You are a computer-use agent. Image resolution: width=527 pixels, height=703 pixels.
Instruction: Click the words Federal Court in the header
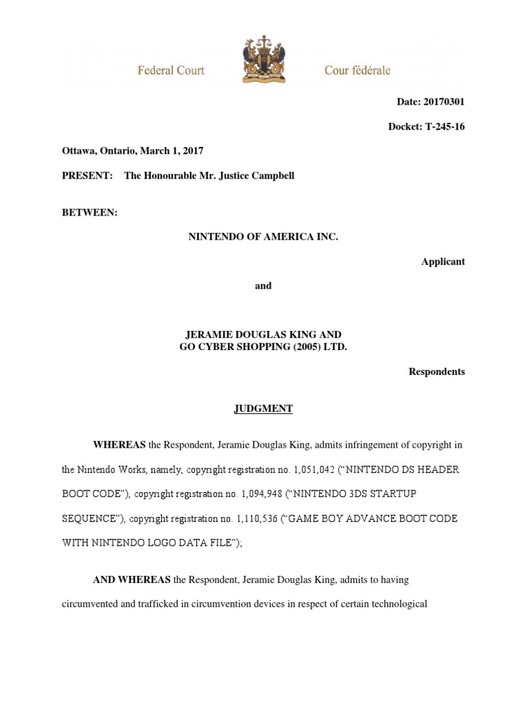(171, 70)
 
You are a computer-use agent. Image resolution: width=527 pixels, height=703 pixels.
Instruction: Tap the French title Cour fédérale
(358, 70)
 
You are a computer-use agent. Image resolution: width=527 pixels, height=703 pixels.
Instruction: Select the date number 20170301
(445, 102)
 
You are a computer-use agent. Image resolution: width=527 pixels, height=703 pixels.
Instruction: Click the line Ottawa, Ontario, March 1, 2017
(132, 150)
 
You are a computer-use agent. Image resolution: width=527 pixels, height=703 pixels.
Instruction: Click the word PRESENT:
(88, 176)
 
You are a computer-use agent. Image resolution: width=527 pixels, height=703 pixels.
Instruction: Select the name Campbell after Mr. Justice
(273, 176)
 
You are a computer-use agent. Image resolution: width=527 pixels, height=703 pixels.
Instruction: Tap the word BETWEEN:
(90, 213)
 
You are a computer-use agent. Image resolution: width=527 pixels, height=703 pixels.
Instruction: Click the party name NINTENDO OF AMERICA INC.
(263, 236)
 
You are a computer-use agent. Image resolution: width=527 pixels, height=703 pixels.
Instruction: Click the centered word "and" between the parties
(263, 286)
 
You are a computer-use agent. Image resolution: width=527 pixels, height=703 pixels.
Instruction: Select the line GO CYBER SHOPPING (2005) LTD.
(263, 347)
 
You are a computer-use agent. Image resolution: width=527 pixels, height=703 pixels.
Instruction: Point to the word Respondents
(436, 371)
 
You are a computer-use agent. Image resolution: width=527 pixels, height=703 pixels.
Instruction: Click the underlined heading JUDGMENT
(263, 408)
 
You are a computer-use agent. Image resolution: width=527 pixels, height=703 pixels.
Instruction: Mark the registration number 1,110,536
(252, 519)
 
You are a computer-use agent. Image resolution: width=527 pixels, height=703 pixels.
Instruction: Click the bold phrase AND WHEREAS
(132, 580)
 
